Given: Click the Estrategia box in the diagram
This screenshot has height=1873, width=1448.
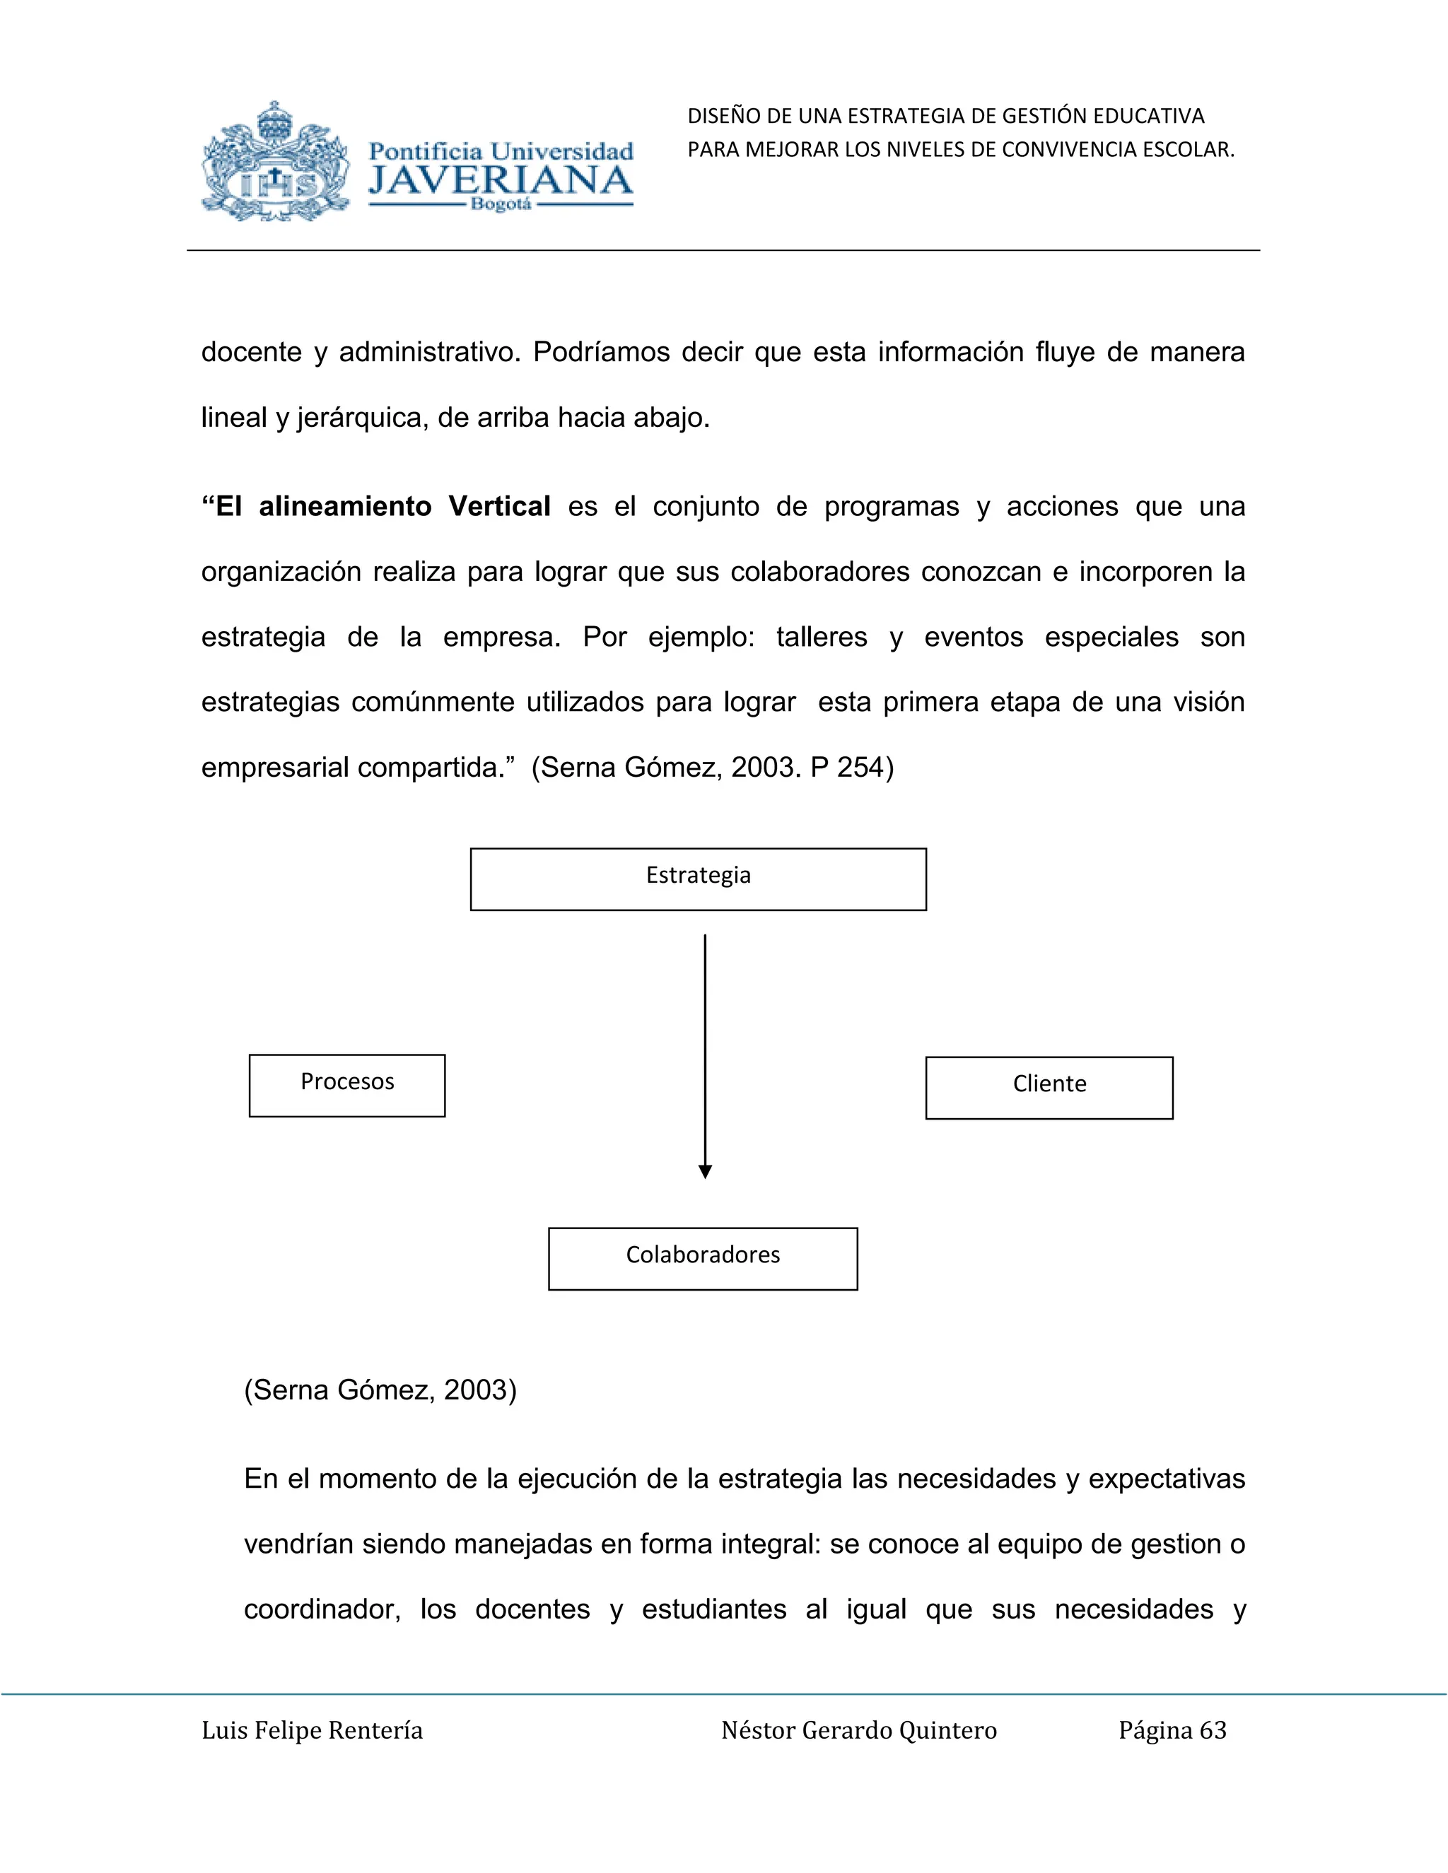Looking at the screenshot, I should (699, 879).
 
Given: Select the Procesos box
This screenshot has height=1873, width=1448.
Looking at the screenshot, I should (346, 1085).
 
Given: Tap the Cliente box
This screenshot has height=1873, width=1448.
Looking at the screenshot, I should (1049, 1088).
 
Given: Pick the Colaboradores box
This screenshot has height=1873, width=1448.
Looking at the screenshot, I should (703, 1258).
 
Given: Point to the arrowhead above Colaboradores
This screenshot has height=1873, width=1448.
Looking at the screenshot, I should (705, 1171).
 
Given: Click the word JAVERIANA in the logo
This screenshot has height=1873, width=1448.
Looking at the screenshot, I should (500, 181).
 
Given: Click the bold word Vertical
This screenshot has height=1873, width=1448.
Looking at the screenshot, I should (499, 506).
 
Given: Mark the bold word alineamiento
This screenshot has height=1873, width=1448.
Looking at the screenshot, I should (345, 506).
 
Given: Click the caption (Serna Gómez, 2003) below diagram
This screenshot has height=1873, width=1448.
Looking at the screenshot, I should (380, 1390).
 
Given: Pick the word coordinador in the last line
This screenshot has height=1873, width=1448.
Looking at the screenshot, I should (322, 1609).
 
